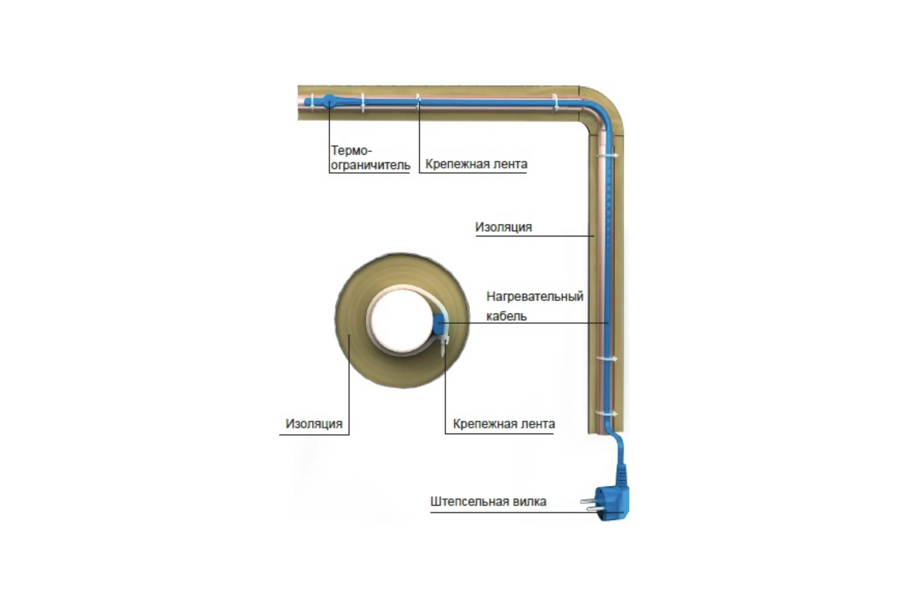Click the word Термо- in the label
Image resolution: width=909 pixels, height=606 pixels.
(x=351, y=150)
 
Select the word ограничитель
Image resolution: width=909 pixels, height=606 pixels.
(x=370, y=166)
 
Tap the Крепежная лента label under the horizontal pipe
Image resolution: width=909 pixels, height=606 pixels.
(x=476, y=164)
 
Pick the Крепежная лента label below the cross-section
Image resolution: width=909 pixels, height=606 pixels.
(x=504, y=424)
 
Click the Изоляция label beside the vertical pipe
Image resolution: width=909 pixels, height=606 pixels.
(x=504, y=227)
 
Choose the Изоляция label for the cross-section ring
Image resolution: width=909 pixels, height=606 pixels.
(x=314, y=424)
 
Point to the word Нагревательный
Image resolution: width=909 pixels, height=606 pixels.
(x=535, y=297)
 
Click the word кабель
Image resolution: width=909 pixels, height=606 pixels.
(x=506, y=316)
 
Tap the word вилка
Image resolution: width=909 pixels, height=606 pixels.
(x=529, y=501)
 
